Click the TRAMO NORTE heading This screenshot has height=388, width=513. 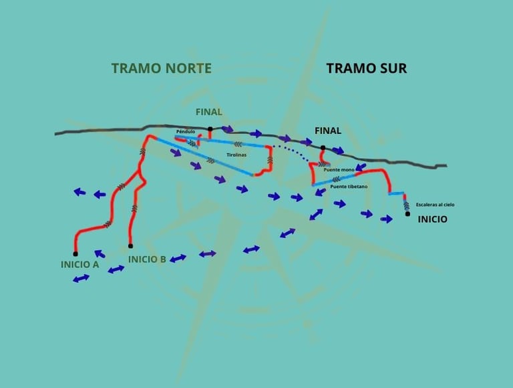(x=161, y=68)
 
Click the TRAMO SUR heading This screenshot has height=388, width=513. (x=366, y=68)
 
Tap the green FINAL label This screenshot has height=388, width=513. (x=208, y=112)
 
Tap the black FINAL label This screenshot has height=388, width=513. (x=327, y=131)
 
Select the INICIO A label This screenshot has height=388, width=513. (x=79, y=264)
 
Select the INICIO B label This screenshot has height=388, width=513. (x=147, y=259)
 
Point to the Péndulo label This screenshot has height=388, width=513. (x=185, y=132)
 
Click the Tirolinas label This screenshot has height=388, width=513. (x=236, y=155)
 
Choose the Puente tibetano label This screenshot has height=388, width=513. (x=348, y=187)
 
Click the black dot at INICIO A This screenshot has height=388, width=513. (x=75, y=253)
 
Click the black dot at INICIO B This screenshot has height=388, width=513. (x=130, y=246)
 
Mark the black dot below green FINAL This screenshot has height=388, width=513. (x=210, y=128)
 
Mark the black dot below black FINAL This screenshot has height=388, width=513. (x=323, y=147)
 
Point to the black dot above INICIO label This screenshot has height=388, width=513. (x=407, y=214)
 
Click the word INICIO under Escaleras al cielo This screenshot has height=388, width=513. (x=432, y=219)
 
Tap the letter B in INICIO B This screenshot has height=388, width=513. (x=162, y=259)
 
